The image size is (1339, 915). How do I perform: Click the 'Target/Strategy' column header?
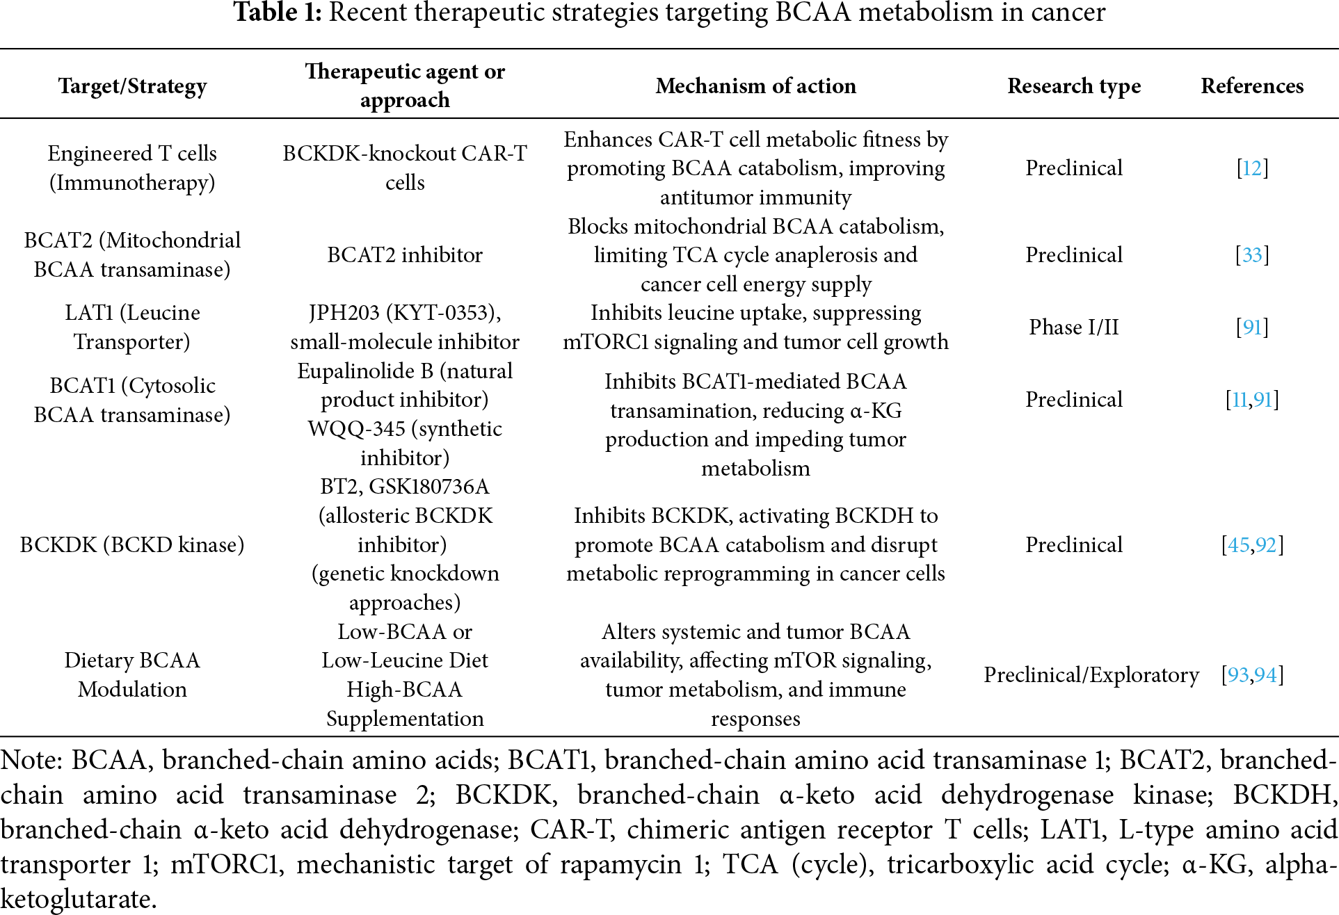132,86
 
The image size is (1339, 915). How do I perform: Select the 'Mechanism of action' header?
755,86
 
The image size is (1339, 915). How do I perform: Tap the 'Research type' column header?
1074,86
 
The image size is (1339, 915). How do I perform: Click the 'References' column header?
1252,86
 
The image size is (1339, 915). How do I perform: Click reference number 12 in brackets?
1252,168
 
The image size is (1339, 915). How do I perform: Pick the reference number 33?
1252,255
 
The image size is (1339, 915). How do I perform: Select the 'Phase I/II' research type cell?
1074,327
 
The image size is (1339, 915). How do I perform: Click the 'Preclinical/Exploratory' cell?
1091,675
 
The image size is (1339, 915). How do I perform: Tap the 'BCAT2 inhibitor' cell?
405,255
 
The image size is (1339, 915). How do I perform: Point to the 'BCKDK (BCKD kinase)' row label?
132,544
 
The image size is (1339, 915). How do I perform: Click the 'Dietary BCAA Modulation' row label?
132,674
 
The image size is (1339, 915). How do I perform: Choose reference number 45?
1238,545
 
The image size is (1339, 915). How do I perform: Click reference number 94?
1266,675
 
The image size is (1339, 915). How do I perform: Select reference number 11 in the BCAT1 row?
1240,400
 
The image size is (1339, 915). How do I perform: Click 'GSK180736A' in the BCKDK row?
428,487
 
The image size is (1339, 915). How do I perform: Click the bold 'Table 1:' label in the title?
277,13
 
